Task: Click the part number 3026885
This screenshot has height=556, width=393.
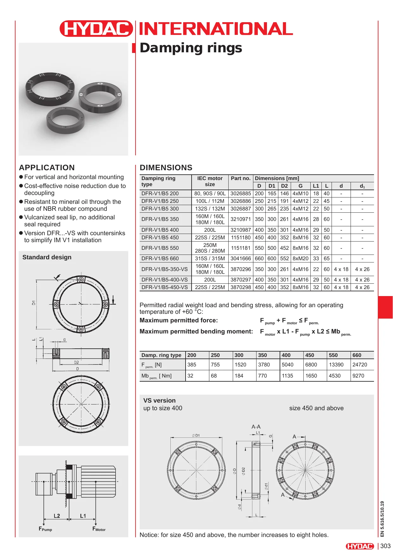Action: point(241,193)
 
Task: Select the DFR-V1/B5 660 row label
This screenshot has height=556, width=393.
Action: point(160,258)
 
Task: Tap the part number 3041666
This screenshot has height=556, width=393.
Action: point(241,258)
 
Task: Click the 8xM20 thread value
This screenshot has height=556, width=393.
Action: point(301,258)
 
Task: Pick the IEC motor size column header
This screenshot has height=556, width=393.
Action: point(210,181)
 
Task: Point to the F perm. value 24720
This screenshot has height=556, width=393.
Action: point(360,365)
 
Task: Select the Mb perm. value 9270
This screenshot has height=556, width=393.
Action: point(358,376)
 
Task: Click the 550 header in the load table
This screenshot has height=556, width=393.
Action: point(333,355)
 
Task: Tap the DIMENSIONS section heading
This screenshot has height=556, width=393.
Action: point(166,168)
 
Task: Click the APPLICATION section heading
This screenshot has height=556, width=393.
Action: point(47,168)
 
